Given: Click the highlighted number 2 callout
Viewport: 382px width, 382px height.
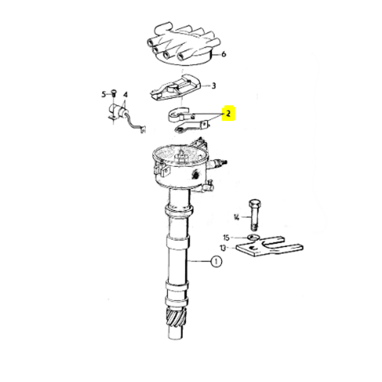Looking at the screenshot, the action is pos(228,113).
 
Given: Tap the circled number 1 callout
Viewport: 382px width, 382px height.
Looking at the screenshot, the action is pos(216,262).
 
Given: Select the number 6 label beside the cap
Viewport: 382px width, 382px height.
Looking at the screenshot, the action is pos(223,54).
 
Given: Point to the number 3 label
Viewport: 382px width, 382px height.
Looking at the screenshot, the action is pos(213,86).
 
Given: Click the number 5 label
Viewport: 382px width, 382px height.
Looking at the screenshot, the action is pos(104,94).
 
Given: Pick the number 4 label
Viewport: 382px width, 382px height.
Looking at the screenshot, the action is pos(125,95).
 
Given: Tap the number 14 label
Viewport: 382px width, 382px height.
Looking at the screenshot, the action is pos(236,217).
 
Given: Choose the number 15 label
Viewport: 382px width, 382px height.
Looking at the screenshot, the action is pos(226,237).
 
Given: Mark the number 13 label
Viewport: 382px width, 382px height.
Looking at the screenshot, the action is pos(223,248).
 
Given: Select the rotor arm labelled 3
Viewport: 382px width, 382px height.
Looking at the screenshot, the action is pos(175,88).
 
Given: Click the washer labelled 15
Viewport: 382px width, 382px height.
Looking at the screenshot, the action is pos(253,236).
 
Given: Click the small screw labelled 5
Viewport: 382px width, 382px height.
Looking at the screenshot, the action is pos(113,94).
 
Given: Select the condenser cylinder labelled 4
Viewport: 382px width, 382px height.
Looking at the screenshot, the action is pos(117,111).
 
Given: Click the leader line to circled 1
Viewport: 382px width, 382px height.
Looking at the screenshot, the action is pos(199,262).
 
